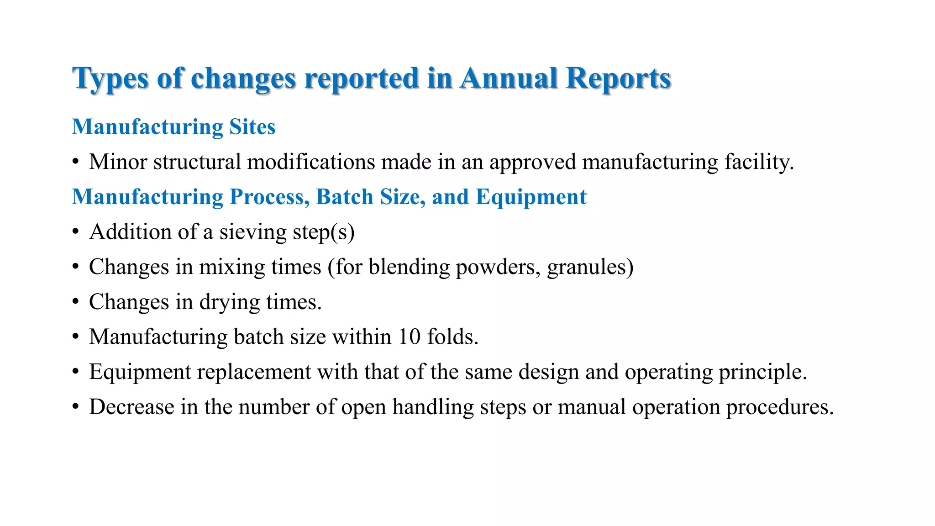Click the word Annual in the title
tap(509, 78)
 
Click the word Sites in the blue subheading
tap(252, 127)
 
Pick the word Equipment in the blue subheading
tap(531, 197)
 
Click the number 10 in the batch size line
tap(409, 337)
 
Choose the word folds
tap(452, 337)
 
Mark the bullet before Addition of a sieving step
tap(76, 232)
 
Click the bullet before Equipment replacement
tap(76, 372)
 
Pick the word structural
tap(197, 162)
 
